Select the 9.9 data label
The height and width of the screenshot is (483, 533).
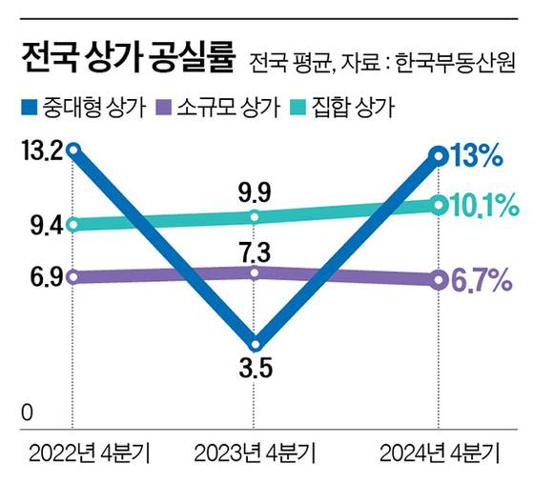point(256,193)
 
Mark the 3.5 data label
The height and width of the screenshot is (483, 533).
point(256,368)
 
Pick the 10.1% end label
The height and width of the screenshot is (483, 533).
point(486,204)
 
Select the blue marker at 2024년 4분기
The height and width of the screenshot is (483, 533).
point(439,155)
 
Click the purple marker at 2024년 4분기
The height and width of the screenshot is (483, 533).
point(439,279)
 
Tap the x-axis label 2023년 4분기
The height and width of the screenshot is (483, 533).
point(256,449)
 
